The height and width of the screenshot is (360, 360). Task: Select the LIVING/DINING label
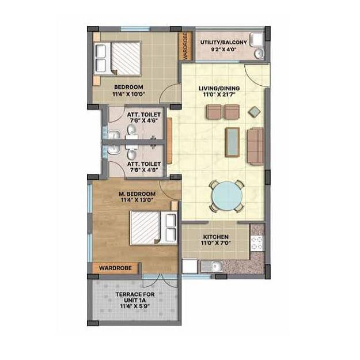click(219, 88)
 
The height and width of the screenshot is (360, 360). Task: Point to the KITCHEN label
click(216, 237)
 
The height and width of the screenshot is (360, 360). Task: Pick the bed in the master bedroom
click(153, 227)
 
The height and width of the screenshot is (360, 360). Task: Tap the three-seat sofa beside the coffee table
click(255, 145)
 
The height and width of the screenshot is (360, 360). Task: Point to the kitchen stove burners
click(257, 241)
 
